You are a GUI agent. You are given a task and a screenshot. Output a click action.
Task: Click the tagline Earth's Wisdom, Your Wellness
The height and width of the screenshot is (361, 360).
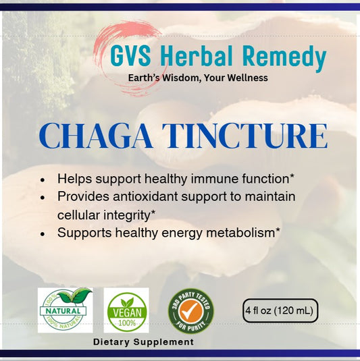[198, 78]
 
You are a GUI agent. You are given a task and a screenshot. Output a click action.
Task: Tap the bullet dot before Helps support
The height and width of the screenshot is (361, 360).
[43, 181]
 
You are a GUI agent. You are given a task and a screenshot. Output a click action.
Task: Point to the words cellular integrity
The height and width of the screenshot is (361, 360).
[104, 215]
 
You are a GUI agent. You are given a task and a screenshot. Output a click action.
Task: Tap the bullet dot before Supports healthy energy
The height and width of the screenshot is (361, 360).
[43, 233]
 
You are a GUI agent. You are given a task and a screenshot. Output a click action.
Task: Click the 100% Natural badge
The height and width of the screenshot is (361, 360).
[65, 310]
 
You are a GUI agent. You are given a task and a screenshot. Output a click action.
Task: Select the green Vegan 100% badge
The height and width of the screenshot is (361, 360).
[128, 310]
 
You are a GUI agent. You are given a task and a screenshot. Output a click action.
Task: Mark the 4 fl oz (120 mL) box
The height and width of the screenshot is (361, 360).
[280, 310]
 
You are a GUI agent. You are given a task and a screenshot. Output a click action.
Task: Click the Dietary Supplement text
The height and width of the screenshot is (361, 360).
[143, 342]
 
